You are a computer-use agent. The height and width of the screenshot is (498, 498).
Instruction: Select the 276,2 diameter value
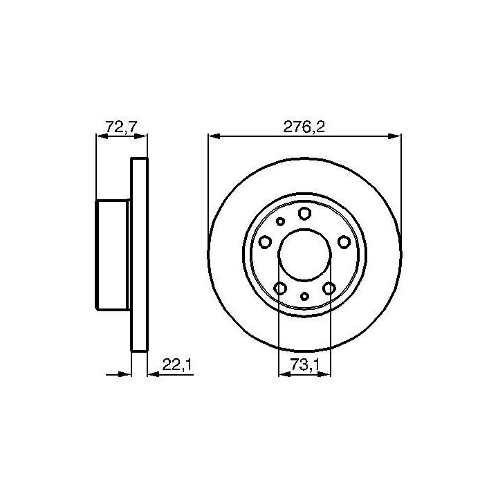(x=304, y=127)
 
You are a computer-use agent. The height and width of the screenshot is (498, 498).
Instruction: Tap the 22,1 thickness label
(x=177, y=365)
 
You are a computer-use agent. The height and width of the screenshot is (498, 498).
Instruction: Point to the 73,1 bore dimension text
(x=304, y=365)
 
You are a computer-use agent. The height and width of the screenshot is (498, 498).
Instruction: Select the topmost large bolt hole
(x=304, y=214)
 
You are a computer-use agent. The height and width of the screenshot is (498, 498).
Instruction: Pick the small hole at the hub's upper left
(x=280, y=221)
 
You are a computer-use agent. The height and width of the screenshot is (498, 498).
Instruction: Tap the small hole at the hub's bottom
(x=304, y=296)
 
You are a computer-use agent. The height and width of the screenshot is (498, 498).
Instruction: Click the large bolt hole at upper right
(x=344, y=242)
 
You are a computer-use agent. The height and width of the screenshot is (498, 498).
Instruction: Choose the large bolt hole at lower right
(x=329, y=288)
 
